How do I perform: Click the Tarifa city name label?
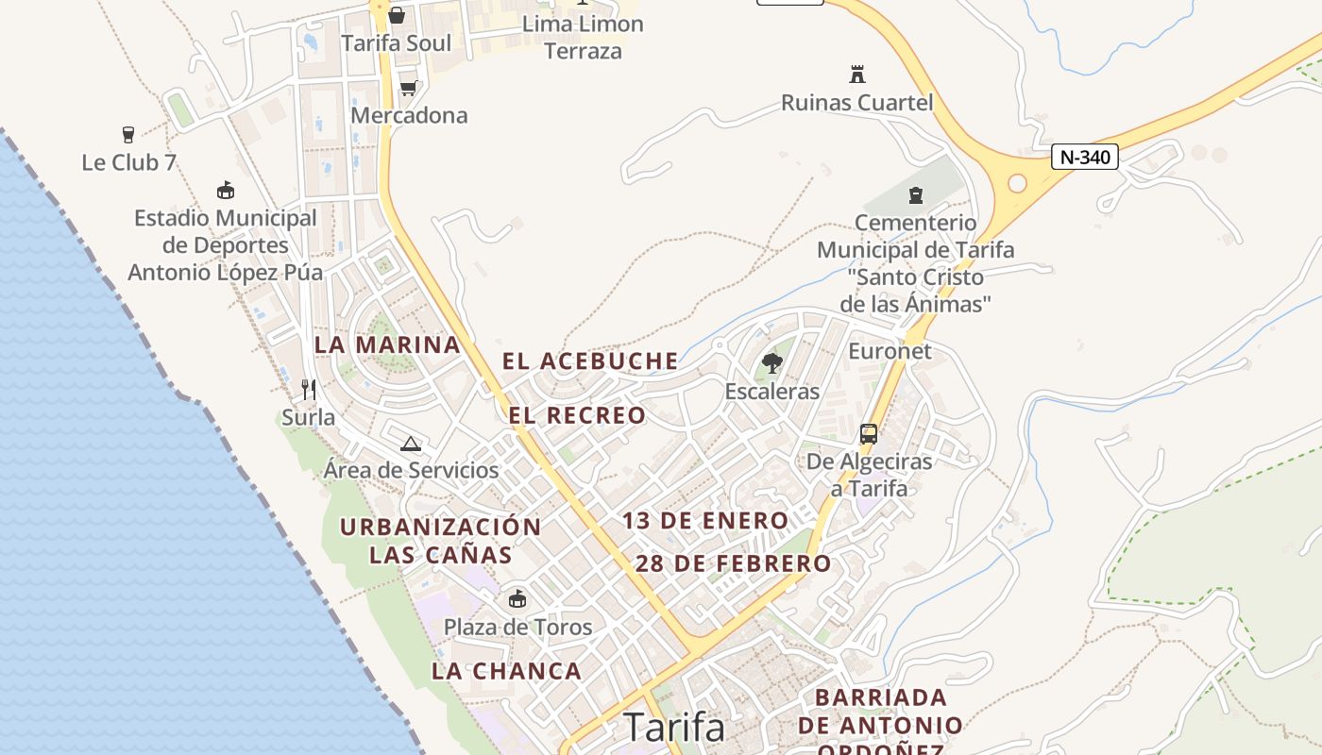point(674,728)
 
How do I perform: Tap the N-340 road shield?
point(1084,157)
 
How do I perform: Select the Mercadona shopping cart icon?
point(408,88)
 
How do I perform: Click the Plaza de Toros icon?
point(517,598)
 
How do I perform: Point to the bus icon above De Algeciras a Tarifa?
point(869,434)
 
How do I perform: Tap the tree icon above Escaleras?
point(772,363)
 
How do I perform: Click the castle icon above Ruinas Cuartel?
point(857,75)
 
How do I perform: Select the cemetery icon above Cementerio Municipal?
point(914,195)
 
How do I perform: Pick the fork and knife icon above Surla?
point(308,389)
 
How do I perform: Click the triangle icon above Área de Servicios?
point(410,444)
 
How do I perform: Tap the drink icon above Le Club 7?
point(128,135)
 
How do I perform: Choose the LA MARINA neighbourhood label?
point(387,345)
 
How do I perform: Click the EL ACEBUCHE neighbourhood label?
point(590,361)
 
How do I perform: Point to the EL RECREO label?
point(577,415)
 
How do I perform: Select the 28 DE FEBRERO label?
point(733,564)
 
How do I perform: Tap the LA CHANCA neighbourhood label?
point(506,671)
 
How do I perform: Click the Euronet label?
point(890,351)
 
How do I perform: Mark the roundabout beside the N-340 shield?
point(1017,183)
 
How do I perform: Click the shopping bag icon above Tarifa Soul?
point(397,15)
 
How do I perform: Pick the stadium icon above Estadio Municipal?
point(225,191)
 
